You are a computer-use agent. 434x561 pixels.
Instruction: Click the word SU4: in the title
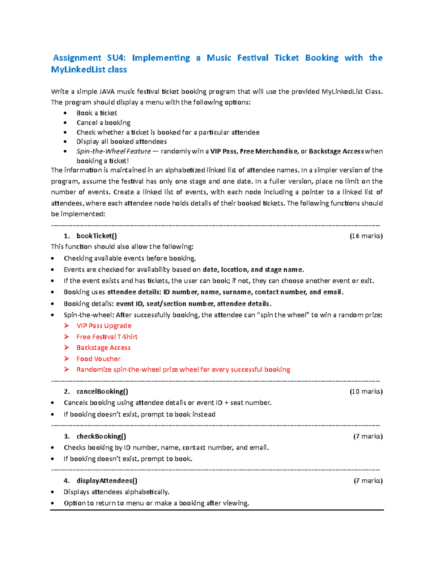coord(116,58)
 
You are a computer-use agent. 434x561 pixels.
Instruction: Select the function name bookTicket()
coord(97,236)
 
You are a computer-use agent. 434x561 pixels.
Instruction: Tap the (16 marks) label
coord(366,236)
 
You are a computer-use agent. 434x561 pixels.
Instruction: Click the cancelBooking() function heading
coord(102,391)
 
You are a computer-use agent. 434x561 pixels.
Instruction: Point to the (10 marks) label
coord(366,391)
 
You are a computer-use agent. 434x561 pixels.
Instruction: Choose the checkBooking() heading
coord(101,436)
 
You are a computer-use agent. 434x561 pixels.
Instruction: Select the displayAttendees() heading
coord(107,480)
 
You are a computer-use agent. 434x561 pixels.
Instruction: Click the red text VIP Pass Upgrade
coord(104,325)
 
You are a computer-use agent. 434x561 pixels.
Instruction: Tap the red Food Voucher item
coord(98,359)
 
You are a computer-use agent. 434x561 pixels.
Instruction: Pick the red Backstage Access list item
coord(103,348)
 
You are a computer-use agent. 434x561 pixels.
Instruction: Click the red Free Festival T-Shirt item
coord(107,337)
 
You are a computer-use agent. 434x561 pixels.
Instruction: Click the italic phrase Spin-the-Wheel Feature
coord(114,151)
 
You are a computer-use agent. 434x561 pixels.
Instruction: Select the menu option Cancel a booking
coord(103,122)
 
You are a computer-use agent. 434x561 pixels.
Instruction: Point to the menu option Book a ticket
coord(97,113)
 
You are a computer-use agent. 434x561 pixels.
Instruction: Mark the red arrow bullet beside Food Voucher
coord(67,359)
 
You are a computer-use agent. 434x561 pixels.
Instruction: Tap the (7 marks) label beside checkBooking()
coord(368,436)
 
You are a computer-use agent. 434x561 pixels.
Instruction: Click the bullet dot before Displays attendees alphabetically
coord(53,492)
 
